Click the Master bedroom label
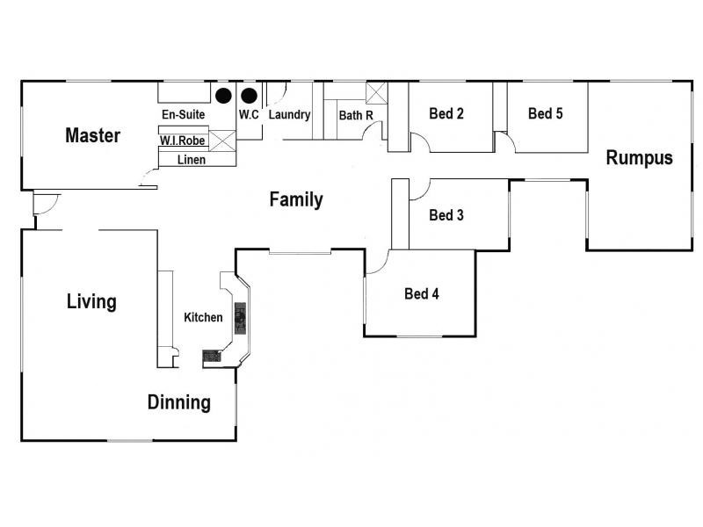pyautogui.click(x=93, y=135)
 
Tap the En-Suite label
pyautogui.click(x=184, y=115)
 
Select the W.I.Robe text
pyautogui.click(x=183, y=141)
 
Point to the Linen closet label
pyautogui.click(x=192, y=160)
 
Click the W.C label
pyautogui.click(x=249, y=115)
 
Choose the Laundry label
pyautogui.click(x=290, y=115)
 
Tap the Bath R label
pyautogui.click(x=356, y=116)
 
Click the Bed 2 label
pyautogui.click(x=446, y=113)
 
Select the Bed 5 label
pyautogui.click(x=545, y=113)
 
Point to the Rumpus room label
pyautogui.click(x=640, y=158)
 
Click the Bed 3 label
pyautogui.click(x=446, y=215)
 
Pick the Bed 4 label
pyautogui.click(x=422, y=294)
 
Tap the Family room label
pyautogui.click(x=296, y=200)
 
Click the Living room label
pyautogui.click(x=91, y=301)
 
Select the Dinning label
pyautogui.click(x=179, y=402)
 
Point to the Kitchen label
pyautogui.click(x=203, y=317)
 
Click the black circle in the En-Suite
pyautogui.click(x=223, y=96)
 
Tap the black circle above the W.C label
pyautogui.click(x=249, y=96)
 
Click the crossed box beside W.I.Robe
pyautogui.click(x=222, y=141)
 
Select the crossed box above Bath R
pyautogui.click(x=377, y=93)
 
